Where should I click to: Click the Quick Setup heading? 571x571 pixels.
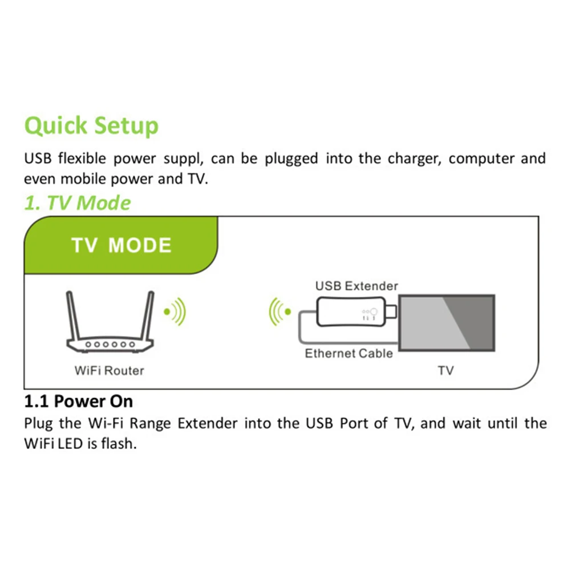click(91, 126)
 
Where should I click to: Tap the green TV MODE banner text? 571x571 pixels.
click(121, 245)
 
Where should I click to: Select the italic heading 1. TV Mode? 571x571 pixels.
click(77, 203)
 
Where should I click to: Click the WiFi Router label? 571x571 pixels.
click(109, 371)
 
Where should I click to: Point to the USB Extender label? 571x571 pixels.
click(357, 286)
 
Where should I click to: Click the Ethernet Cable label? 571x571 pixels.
click(349, 354)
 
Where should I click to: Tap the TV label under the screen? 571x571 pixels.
click(445, 371)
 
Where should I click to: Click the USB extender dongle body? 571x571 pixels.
click(348, 313)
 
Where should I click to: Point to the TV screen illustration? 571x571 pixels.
click(446, 323)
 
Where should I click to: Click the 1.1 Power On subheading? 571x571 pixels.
click(79, 402)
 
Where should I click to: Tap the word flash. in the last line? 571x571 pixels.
click(120, 444)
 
